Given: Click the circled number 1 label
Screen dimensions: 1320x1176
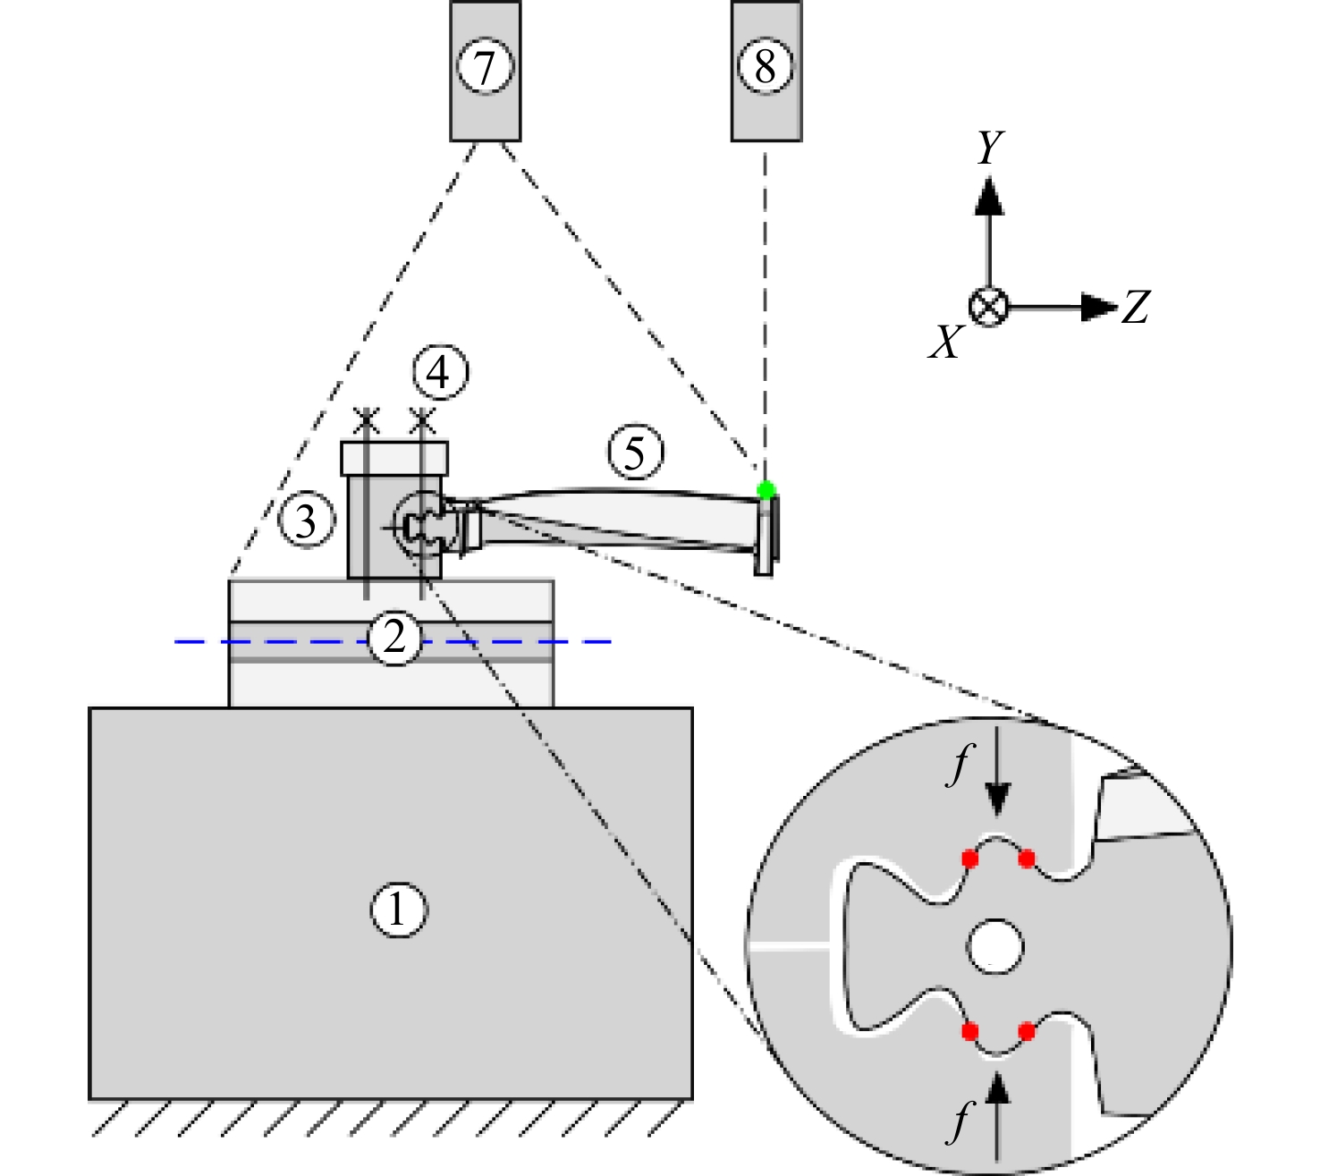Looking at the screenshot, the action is point(399,909).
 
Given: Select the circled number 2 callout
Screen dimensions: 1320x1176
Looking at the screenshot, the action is point(394,637).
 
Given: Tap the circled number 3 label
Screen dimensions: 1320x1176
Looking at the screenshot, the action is point(306,520).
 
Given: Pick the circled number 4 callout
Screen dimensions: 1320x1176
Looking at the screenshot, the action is point(440,373).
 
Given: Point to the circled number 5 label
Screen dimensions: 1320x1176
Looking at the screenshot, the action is point(635,452).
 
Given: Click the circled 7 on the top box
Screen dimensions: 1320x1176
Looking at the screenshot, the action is point(485,66).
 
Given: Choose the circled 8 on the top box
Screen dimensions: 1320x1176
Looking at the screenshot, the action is point(766,66).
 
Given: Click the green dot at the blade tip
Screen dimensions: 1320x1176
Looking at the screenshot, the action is point(766,490).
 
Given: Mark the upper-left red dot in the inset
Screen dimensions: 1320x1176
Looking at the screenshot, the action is point(969,859).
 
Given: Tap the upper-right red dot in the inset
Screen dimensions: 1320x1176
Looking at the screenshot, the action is point(1026,859).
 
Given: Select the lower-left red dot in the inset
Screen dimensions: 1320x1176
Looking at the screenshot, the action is point(969,1031).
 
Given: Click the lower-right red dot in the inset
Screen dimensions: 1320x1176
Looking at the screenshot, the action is point(1026,1031).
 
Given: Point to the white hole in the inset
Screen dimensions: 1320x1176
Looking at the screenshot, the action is point(994,947).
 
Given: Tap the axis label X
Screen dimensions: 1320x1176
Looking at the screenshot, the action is point(947,342).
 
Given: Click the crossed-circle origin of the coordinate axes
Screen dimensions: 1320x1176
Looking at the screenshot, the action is point(989,307).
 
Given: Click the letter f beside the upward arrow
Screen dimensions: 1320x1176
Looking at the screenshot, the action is point(959,1121).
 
